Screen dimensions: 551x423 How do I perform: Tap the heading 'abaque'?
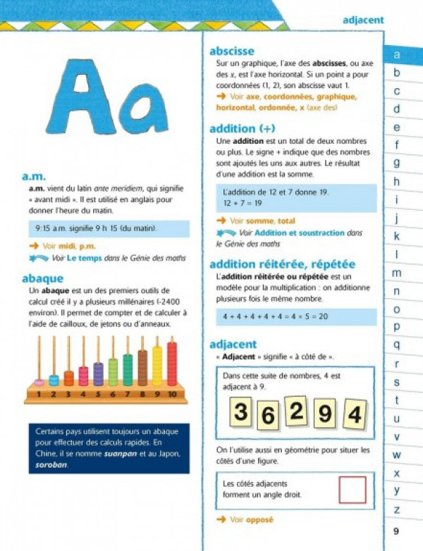tap(43, 278)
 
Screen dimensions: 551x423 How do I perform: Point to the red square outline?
tap(352, 490)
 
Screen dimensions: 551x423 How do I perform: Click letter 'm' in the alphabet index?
tap(397, 273)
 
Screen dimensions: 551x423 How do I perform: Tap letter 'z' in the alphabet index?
tap(397, 509)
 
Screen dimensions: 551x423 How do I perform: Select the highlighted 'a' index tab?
tap(397, 54)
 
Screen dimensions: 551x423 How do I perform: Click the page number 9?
tap(396, 531)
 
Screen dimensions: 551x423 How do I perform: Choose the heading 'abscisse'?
tap(232, 51)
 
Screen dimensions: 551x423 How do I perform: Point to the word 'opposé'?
tap(259, 520)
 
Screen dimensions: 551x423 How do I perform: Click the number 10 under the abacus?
tap(173, 395)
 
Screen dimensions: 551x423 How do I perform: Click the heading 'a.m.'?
tap(34, 177)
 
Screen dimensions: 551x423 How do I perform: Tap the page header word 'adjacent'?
tap(363, 20)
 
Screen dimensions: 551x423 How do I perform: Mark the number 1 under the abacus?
tap(39, 395)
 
